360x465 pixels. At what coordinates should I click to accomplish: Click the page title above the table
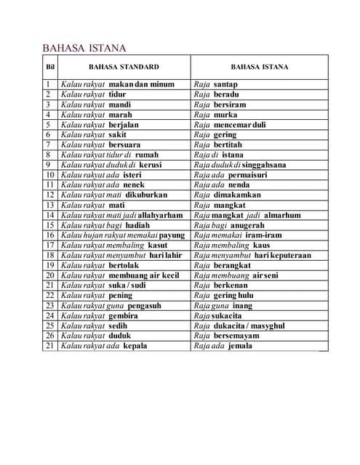84,48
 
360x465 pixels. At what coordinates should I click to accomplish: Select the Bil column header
50,67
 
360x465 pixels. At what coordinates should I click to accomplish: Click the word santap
225,84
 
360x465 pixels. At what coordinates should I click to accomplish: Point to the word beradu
226,94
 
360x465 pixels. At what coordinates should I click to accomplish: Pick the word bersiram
230,105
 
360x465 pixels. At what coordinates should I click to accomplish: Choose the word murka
225,115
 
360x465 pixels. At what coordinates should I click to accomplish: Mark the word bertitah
229,145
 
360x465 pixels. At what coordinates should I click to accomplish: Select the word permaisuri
247,175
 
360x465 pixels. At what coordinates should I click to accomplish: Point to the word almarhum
282,216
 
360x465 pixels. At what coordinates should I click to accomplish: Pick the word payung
172,235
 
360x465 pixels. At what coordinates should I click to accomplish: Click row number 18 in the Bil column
50,256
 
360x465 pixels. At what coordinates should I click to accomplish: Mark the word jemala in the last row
239,346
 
